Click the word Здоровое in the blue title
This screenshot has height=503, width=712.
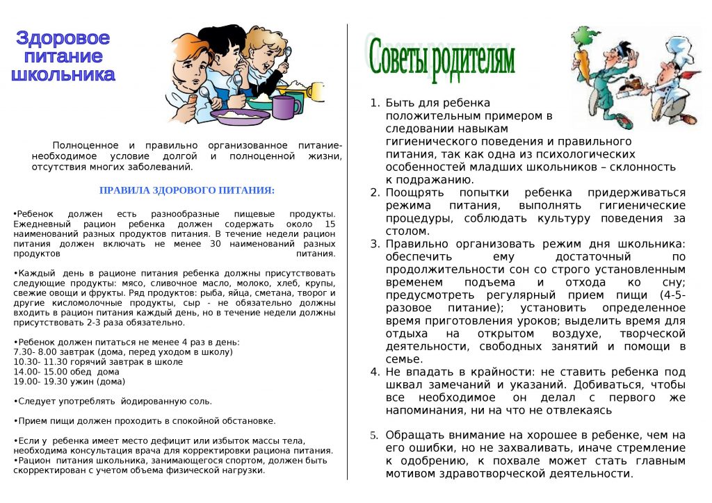(x=63, y=38)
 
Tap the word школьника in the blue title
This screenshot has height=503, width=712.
(x=63, y=74)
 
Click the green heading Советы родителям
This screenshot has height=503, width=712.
(x=442, y=58)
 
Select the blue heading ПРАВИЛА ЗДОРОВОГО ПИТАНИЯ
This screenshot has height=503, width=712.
(x=187, y=190)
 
